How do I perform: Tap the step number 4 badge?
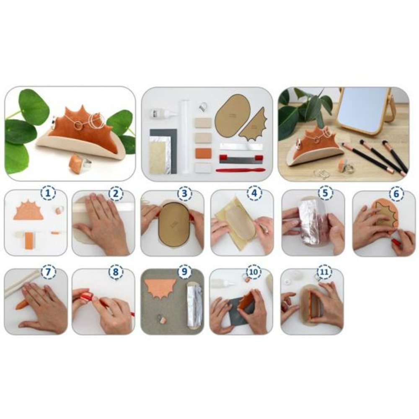point(254,194)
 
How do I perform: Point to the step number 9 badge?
point(184,272)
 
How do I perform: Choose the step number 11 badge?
point(324,272)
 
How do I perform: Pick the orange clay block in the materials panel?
point(203,152)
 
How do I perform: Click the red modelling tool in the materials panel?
point(240,170)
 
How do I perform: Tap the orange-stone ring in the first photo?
point(78,164)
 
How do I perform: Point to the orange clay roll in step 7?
point(23,304)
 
